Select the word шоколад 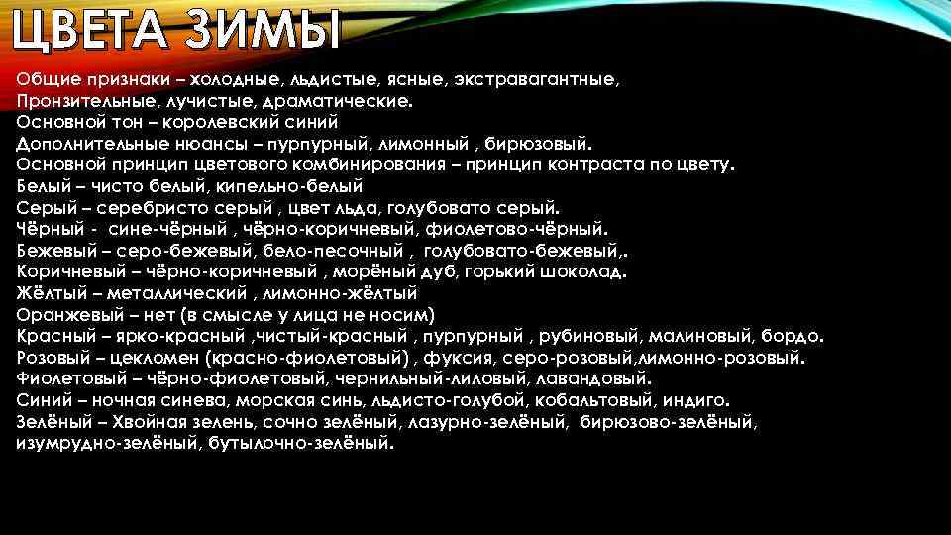coord(585,272)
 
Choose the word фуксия coord(466,359)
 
